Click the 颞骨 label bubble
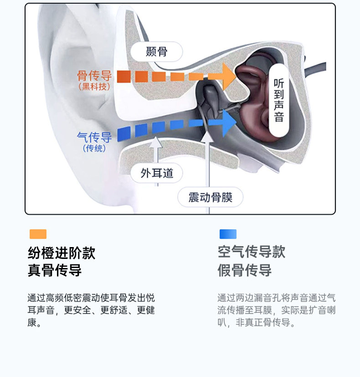pyautogui.click(x=156, y=52)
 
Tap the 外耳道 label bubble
pyautogui.click(x=157, y=173)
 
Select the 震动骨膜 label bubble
pyautogui.click(x=210, y=197)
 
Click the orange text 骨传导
pyautogui.click(x=94, y=75)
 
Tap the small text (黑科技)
pyautogui.click(x=94, y=86)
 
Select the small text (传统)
pyautogui.click(x=94, y=148)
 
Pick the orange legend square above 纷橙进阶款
pyautogui.click(x=38, y=234)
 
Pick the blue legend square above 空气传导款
pyautogui.click(x=228, y=234)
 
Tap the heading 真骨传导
pyautogui.click(x=55, y=270)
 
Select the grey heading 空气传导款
pyautogui.click(x=251, y=252)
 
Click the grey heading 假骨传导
pyautogui.click(x=244, y=270)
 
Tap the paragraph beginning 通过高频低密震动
pyautogui.click(x=91, y=310)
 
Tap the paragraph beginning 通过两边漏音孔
pyautogui.click(x=277, y=310)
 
